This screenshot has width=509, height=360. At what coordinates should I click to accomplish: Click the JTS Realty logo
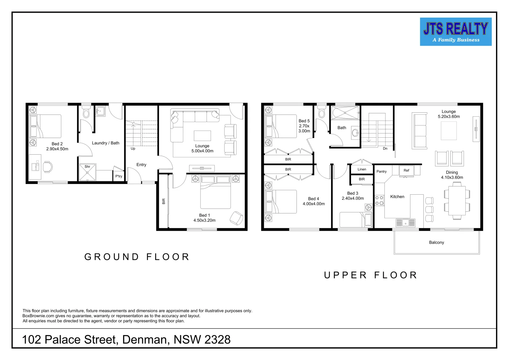coord(455,32)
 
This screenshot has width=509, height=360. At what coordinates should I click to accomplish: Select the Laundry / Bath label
coord(105,143)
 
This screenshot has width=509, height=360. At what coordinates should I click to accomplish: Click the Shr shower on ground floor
coord(87,172)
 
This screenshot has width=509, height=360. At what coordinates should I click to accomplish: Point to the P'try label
coord(119,176)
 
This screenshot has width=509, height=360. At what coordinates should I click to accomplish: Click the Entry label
coord(141,165)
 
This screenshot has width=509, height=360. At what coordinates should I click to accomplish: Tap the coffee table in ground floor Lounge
coord(202,136)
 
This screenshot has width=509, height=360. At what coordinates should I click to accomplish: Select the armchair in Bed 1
coord(237,218)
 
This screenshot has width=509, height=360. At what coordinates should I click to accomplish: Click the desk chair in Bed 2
coord(48,167)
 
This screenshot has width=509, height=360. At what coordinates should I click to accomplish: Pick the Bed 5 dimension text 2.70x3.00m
coord(304,128)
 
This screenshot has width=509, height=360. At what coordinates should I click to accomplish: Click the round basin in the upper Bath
coord(355,133)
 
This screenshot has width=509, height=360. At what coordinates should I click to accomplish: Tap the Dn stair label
coord(385,149)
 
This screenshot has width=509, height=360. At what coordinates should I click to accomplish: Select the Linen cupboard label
coord(362,169)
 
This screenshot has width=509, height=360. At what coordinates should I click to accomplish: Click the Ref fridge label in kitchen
coord(406,170)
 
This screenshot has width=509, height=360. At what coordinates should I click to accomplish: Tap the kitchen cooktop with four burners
coord(379,200)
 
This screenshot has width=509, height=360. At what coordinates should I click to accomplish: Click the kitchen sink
coord(405,222)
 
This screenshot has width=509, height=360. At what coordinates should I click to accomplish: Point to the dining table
coord(457,200)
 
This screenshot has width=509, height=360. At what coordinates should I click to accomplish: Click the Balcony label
coord(436,242)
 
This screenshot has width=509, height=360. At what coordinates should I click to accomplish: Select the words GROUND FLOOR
coord(137,257)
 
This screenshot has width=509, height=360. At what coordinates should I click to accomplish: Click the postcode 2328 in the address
coord(217,340)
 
